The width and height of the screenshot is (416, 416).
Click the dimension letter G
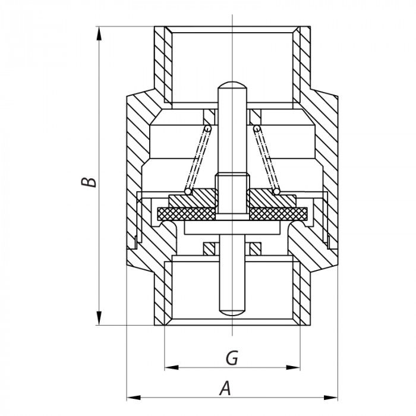pos(232,358)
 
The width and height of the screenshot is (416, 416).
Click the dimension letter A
pos(225,389)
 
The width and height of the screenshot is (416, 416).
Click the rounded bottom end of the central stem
pos(231,311)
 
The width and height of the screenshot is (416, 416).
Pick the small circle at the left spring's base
pos(187,191)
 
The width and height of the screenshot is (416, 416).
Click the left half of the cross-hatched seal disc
pos(185,212)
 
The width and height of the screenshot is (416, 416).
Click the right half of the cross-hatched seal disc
pos(277,212)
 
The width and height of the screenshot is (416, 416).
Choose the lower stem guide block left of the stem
pos(209,247)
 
